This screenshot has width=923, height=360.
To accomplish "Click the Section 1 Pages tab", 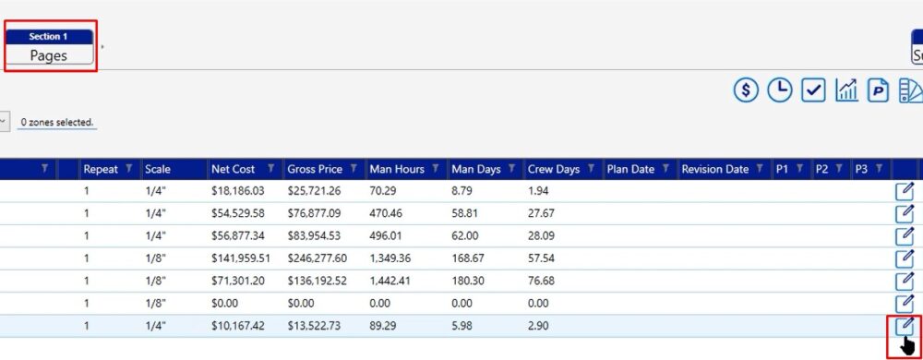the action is point(50,46).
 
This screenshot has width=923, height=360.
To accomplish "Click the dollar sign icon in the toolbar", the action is point(746,90).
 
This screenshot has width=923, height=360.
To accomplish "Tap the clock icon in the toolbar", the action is point(780,90).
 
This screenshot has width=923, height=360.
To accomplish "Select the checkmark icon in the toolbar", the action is point(813,90).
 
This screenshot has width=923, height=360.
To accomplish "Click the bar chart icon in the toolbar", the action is point(846,90).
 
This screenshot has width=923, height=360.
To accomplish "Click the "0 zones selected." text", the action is point(57,123).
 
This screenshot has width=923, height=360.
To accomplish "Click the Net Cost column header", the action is point(234,169).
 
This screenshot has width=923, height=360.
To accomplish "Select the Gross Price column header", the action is point(316,169).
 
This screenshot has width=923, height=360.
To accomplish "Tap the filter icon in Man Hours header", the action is point(435,169).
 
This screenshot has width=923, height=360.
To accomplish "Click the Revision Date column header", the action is point(714,169).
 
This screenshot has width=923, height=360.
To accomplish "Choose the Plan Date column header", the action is point(630,169).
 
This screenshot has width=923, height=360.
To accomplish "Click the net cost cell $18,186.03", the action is point(238,191).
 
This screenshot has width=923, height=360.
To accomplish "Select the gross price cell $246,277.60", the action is point(318,258).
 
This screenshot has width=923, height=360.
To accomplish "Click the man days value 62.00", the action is point(465,236).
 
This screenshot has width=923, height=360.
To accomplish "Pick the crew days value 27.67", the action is point(541,213).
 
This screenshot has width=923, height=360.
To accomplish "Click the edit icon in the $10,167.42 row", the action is point(905,325).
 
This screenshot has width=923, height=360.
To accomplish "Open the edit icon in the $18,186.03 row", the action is point(905,191).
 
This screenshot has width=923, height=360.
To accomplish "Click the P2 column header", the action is point(821,169).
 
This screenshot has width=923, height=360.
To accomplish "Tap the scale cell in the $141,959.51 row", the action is point(155,258).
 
